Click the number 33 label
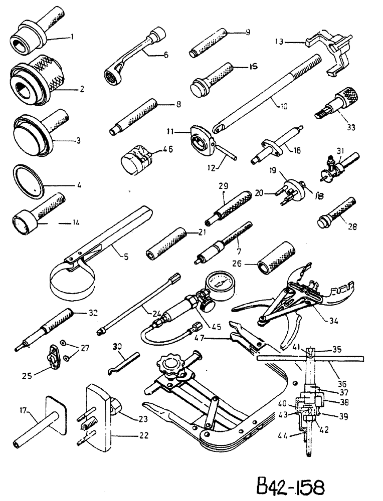click(350, 128)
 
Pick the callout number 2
click(81, 90)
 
